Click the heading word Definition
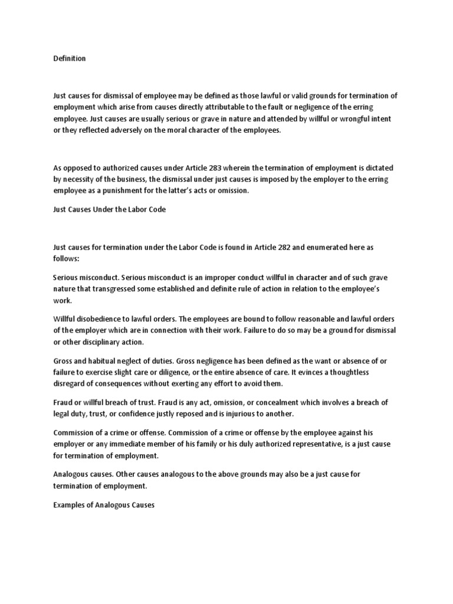69,58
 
